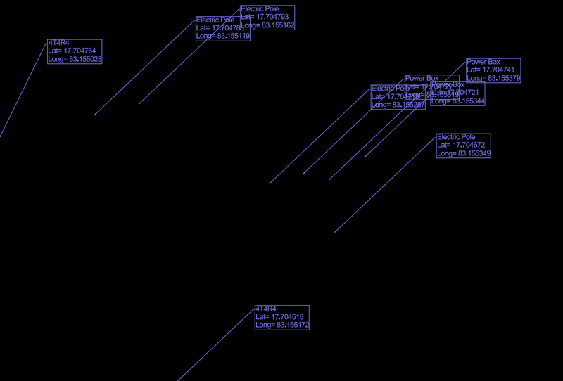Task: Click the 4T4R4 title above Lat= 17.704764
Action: click(59, 43)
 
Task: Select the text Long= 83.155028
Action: click(75, 60)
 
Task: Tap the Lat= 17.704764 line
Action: click(72, 51)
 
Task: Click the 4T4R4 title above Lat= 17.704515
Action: click(266, 309)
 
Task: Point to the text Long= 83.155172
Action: click(282, 325)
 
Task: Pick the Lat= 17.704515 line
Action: click(279, 317)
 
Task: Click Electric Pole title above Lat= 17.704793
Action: click(260, 9)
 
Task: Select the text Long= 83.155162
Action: click(267, 25)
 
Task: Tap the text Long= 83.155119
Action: click(223, 37)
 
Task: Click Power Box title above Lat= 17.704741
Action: click(483, 62)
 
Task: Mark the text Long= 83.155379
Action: click(493, 79)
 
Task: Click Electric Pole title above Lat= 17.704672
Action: click(456, 137)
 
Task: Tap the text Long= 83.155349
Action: click(464, 153)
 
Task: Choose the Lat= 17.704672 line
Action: click(461, 145)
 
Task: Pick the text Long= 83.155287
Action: click(398, 105)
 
